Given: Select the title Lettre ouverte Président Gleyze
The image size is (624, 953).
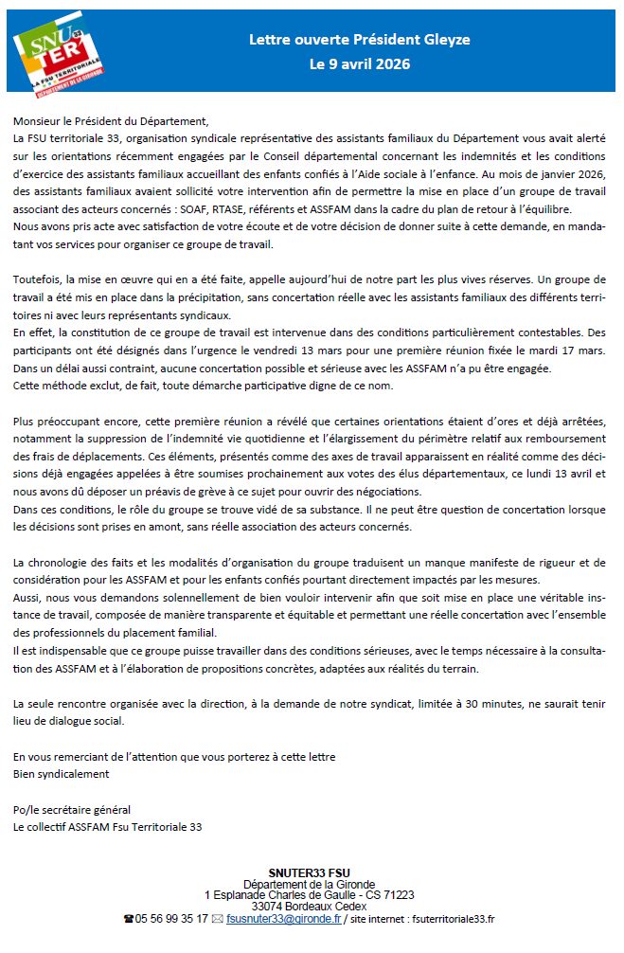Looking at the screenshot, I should click(x=359, y=40).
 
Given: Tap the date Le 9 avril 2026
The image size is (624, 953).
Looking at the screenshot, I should click(x=360, y=64).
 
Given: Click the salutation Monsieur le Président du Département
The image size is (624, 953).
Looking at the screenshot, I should click(x=110, y=122).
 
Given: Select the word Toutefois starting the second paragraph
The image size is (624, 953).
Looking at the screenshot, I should click(x=40, y=281).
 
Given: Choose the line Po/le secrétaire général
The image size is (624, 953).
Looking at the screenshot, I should click(x=72, y=809).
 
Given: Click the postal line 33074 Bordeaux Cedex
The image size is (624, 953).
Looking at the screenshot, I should click(x=309, y=907).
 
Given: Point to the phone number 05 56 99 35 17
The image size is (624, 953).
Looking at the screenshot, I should click(x=170, y=919).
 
